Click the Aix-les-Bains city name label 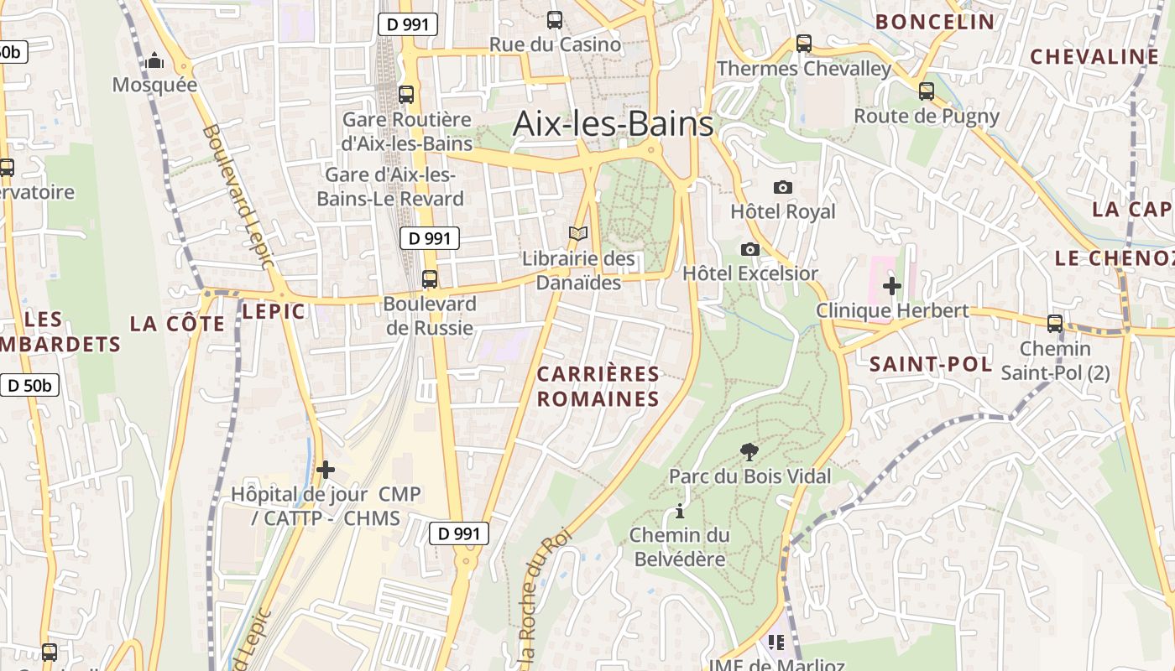tap(613, 123)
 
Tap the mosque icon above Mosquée tap(154, 60)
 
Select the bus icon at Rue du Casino tap(554, 20)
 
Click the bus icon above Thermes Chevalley tap(804, 44)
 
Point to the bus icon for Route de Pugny tap(927, 91)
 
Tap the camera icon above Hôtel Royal tap(782, 187)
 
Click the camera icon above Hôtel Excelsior tap(750, 249)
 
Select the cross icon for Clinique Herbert tap(891, 286)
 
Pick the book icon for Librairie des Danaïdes tap(578, 234)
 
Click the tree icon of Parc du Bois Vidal tap(749, 452)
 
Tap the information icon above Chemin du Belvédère tap(679, 511)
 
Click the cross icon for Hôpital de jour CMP tap(326, 470)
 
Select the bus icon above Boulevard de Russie tap(430, 278)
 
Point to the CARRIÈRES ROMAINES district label tap(598, 386)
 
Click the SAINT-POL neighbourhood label tap(930, 364)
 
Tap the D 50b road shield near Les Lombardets tap(29, 386)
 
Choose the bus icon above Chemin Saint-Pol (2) tap(1055, 324)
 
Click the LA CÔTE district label tap(177, 324)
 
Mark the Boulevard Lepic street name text tap(238, 197)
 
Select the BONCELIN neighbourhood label tap(935, 22)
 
